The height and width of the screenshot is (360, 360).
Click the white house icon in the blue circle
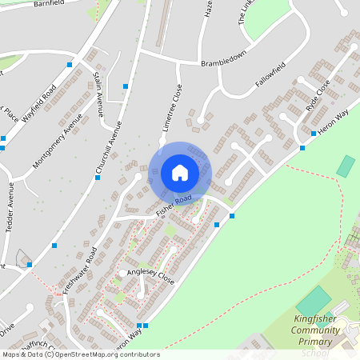(180, 172)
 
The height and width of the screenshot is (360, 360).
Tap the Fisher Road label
(174, 205)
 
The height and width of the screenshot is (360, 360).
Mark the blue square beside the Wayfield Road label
(70, 64)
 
